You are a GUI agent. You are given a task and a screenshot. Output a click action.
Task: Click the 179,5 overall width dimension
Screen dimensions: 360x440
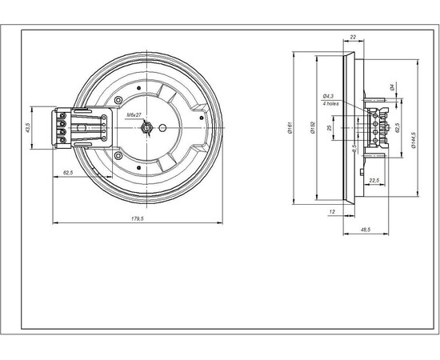pyautogui.click(x=137, y=218)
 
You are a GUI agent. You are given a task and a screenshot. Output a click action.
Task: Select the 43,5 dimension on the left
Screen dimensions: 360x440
pyautogui.click(x=27, y=127)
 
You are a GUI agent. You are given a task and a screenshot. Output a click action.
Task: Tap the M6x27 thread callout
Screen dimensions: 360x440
pyautogui.click(x=134, y=116)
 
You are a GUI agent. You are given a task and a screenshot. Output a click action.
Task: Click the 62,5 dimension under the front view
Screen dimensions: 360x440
pyautogui.click(x=68, y=172)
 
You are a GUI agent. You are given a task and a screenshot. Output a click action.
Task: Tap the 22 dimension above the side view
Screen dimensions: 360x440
pyautogui.click(x=352, y=37)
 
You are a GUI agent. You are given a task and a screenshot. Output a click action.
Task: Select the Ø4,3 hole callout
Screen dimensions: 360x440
pyautogui.click(x=328, y=97)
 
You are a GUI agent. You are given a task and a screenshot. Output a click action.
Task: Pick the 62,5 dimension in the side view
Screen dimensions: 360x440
pyautogui.click(x=398, y=128)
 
